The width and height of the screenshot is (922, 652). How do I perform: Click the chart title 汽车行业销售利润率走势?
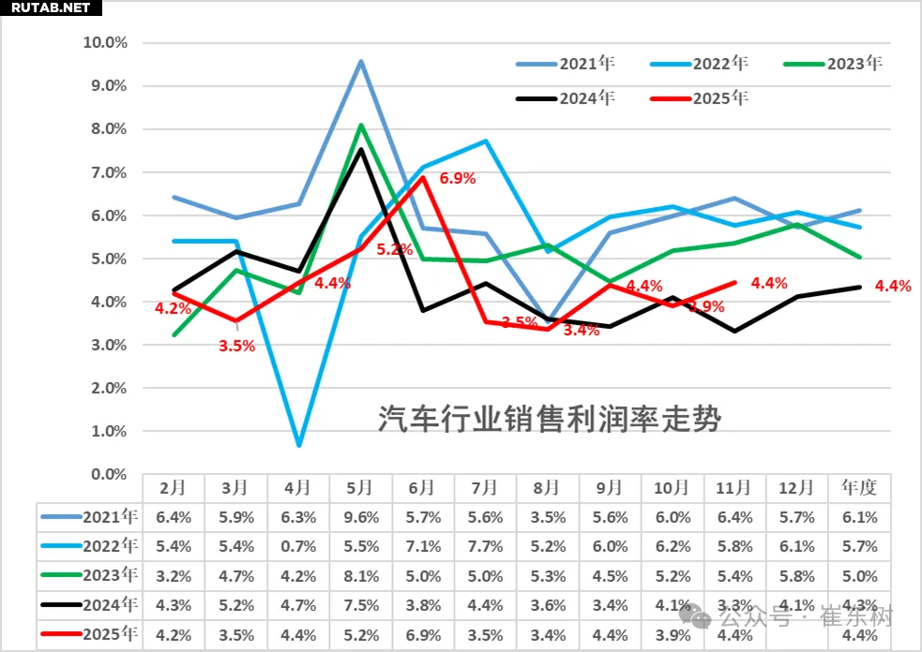coord(549,420)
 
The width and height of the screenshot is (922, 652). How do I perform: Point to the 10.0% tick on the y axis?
coord(105,42)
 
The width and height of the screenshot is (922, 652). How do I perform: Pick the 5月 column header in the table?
coord(360,487)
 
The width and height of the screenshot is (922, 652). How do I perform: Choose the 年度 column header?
coord(859,487)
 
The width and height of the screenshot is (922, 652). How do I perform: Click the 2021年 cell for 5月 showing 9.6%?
coord(360,516)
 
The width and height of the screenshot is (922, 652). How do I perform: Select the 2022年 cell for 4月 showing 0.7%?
coord(298,546)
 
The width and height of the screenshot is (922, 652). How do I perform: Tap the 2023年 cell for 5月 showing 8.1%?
coord(360,576)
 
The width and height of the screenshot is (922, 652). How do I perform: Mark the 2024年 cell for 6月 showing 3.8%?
coord(422,606)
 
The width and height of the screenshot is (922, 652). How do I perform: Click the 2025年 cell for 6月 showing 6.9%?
coord(422,636)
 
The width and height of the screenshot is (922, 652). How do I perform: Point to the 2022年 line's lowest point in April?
coord(298,444)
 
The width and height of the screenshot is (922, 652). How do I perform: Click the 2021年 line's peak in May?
coord(361,62)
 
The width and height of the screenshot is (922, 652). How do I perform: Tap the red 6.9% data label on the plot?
coord(457,177)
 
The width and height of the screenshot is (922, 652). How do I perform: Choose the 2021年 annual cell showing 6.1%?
coord(859,516)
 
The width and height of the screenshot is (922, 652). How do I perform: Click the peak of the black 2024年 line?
coord(361,149)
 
